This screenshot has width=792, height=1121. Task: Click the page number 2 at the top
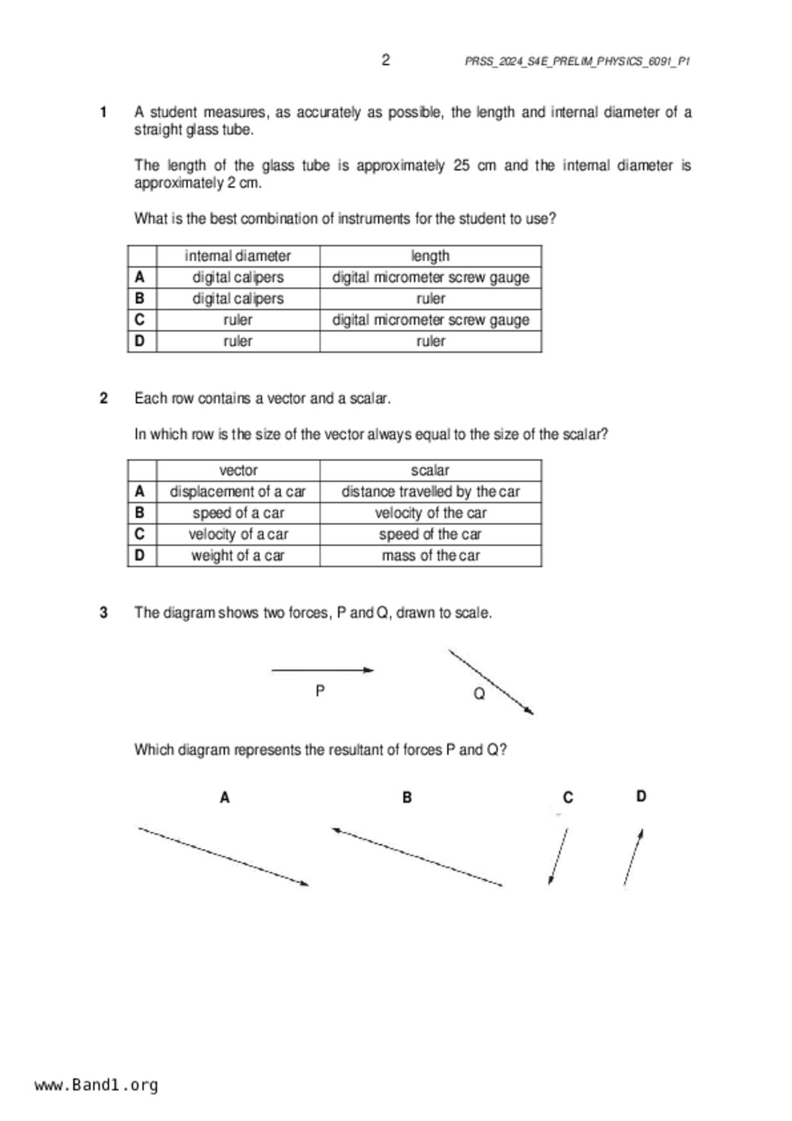pyautogui.click(x=385, y=60)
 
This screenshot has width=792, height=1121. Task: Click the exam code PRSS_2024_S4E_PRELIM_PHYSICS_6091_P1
pyautogui.click(x=577, y=61)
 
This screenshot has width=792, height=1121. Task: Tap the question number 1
pyautogui.click(x=104, y=112)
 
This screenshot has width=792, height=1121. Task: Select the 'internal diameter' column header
pyautogui.click(x=238, y=256)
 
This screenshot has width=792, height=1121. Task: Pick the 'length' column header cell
pyautogui.click(x=430, y=256)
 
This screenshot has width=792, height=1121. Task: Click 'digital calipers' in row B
pyautogui.click(x=238, y=298)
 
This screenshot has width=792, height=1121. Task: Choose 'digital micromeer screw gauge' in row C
pyautogui.click(x=430, y=320)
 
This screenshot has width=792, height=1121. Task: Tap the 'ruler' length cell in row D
pyautogui.click(x=430, y=341)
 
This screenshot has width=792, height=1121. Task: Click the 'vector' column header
pyautogui.click(x=238, y=470)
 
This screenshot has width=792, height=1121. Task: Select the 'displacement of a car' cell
pyautogui.click(x=238, y=491)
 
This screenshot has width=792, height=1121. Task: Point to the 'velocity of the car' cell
pyautogui.click(x=430, y=513)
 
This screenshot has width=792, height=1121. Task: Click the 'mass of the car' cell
pyautogui.click(x=430, y=555)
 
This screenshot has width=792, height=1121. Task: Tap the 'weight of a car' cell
pyautogui.click(x=238, y=555)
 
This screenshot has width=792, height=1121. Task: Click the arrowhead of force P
pyautogui.click(x=369, y=670)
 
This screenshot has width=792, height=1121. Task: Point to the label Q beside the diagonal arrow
pyautogui.click(x=479, y=693)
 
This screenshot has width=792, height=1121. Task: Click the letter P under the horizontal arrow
pyautogui.click(x=320, y=691)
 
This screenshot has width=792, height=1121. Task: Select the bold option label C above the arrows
pyautogui.click(x=568, y=798)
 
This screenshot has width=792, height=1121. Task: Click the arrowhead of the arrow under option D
pyautogui.click(x=641, y=833)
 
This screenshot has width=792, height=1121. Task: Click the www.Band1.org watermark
pyautogui.click(x=97, y=1085)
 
